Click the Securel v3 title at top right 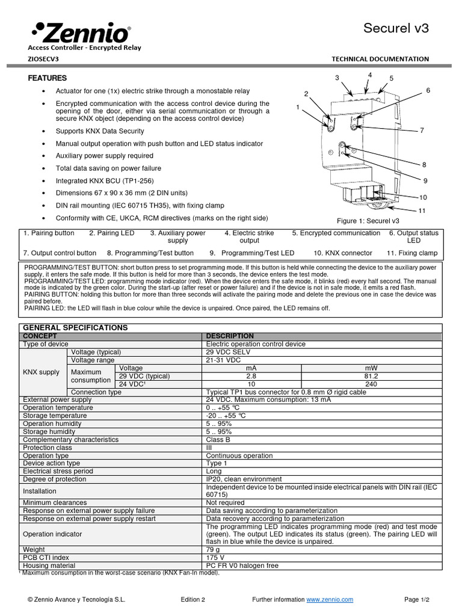396,28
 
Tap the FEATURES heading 48,78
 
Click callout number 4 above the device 370,75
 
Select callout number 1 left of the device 298,106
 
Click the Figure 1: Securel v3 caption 368,221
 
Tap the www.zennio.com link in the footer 330,600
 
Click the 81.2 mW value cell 371,376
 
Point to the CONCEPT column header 40,336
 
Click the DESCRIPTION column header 230,336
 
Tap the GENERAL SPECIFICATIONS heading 75,327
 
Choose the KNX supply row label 41,372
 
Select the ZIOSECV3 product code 43,59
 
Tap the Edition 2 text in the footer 193,600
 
